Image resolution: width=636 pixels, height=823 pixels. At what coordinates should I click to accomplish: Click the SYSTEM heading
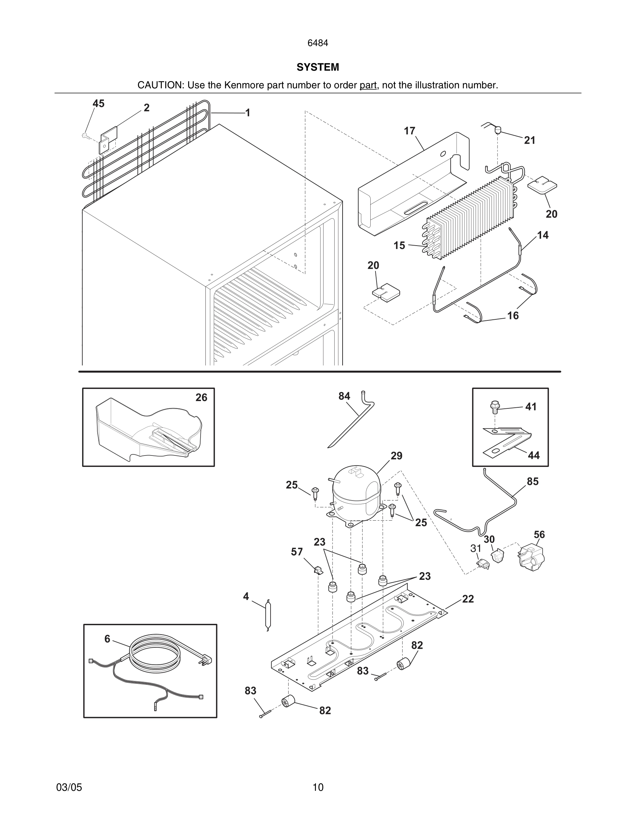coord(318,67)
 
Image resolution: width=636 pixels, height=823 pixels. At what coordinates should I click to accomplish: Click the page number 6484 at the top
coord(318,43)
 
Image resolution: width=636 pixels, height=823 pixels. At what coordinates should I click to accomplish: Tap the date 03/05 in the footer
coord(69,787)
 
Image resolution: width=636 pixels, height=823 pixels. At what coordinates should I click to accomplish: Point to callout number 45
coord(98,104)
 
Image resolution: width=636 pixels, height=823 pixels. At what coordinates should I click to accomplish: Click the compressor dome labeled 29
coord(356,486)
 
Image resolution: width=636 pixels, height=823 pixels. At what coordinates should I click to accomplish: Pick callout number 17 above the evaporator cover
coord(409,131)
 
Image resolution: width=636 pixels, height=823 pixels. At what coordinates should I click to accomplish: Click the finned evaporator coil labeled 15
coord(471,219)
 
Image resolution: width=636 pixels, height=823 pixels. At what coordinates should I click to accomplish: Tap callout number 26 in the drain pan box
coord(201,398)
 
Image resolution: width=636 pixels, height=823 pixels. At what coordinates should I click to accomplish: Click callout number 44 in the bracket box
coord(533,455)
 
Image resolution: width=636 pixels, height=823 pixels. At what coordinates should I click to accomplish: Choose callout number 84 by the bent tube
coord(344,396)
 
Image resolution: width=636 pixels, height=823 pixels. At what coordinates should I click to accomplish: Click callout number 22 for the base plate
coord(468,599)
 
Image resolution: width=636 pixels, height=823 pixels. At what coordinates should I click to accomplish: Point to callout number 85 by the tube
coord(532,481)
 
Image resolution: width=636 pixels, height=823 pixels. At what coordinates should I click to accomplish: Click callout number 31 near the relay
coord(476,548)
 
